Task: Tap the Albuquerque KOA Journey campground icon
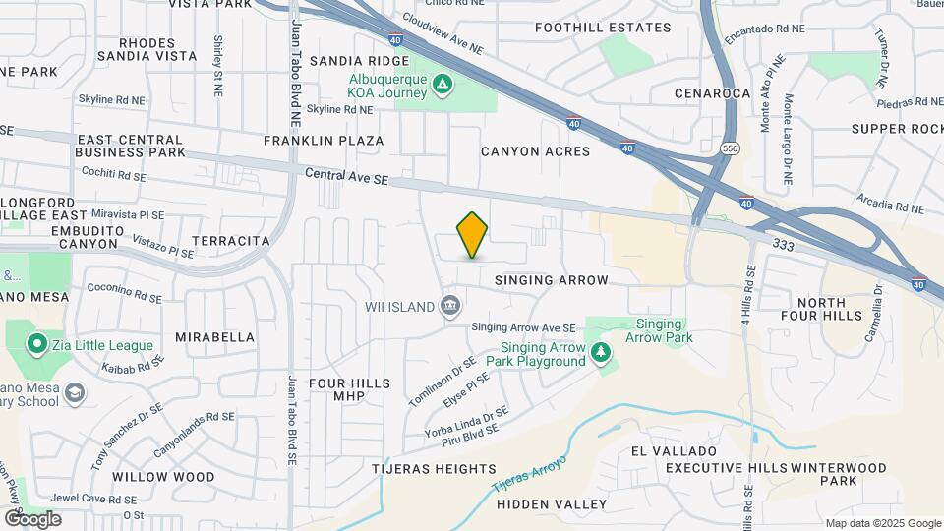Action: point(442,84)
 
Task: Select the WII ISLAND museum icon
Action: point(450,306)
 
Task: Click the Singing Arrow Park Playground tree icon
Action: point(600,352)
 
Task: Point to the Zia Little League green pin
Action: point(37,344)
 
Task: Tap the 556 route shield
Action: point(729,147)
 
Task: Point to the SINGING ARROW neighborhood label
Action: point(552,280)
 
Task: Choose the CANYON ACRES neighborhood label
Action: point(535,151)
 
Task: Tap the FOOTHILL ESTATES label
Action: point(603,28)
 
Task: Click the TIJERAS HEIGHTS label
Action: point(434,469)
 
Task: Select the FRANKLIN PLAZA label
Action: point(324,141)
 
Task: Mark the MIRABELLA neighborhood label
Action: point(215,336)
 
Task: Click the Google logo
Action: point(32,518)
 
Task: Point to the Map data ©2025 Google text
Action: point(882,523)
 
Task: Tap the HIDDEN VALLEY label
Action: point(552,503)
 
